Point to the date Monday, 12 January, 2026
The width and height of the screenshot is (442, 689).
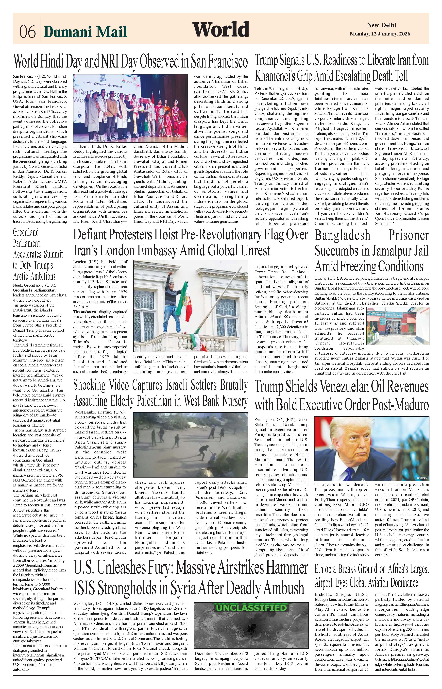tap(380, 34)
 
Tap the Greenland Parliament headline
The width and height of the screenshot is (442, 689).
tap(38, 254)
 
